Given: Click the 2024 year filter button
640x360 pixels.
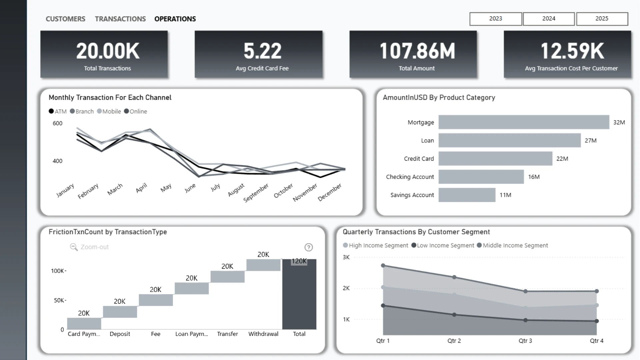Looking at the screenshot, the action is (549, 19).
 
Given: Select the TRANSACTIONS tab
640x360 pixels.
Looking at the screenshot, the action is (120, 19).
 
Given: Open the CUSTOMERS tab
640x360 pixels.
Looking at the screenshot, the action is (65, 19).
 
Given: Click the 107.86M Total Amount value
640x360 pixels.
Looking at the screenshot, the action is (417, 51).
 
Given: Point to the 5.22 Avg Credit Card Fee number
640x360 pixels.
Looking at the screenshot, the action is (262, 51).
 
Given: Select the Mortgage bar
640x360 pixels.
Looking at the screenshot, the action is (524, 122).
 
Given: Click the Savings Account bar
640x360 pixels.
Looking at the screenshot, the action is (467, 195).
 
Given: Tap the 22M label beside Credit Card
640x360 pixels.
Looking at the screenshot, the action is (562, 159).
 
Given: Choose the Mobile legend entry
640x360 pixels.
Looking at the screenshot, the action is (109, 111).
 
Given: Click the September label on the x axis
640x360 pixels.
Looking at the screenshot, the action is (256, 193).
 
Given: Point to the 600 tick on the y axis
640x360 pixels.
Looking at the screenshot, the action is (57, 123).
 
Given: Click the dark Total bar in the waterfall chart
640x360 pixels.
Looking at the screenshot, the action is (299, 294).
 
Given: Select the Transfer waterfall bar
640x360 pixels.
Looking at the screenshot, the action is (228, 277).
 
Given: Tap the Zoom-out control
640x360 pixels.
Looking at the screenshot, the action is (89, 247).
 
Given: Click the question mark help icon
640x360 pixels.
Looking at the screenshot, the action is (309, 247).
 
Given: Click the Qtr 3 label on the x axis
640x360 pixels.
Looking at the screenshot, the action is (525, 341).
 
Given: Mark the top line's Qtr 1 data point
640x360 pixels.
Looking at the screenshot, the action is (383, 266).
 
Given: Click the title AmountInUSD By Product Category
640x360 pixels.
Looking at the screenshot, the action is (439, 98).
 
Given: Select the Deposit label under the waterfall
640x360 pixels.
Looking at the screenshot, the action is (120, 334).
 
